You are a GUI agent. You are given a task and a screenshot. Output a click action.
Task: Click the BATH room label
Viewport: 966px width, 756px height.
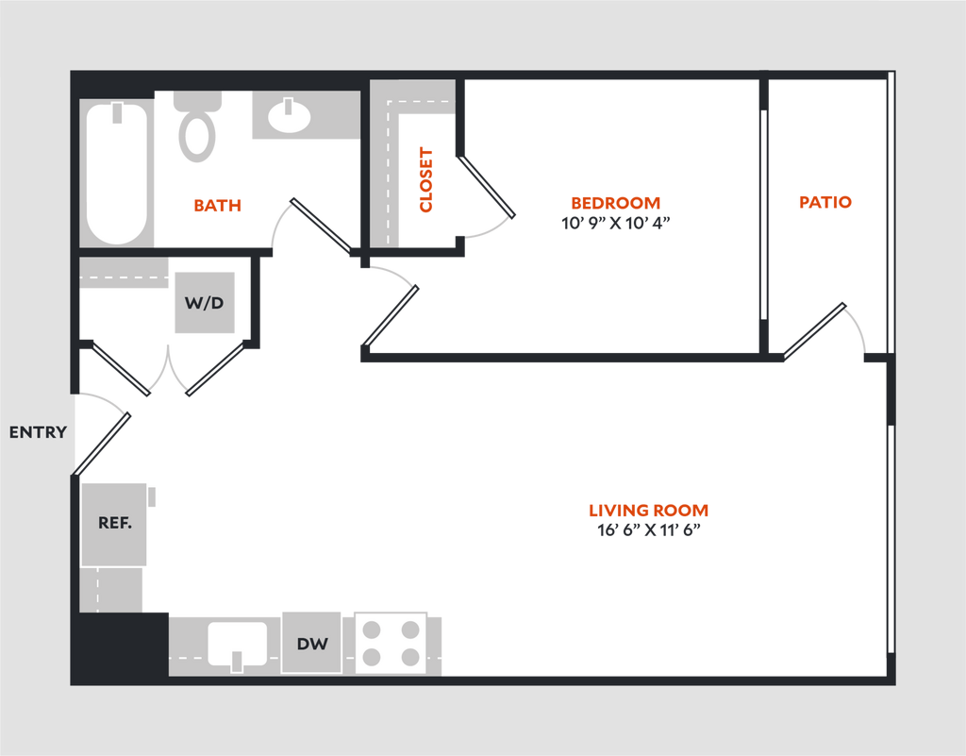pyautogui.click(x=217, y=205)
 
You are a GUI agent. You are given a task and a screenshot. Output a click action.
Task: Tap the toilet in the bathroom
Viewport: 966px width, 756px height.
pyautogui.click(x=197, y=126)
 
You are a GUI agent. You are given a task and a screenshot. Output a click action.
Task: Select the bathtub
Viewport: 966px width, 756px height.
pyautogui.click(x=117, y=173)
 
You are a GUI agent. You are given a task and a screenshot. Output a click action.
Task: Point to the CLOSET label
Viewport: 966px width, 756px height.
pyautogui.click(x=425, y=179)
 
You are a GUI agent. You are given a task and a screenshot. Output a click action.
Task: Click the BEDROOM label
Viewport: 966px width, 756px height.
pyautogui.click(x=615, y=203)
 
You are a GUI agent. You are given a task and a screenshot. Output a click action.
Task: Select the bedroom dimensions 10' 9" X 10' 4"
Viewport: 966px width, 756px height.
pyautogui.click(x=615, y=223)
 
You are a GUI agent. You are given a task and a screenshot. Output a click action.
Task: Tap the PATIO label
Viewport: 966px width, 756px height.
pyautogui.click(x=824, y=202)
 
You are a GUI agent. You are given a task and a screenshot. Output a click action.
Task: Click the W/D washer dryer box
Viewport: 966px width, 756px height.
pyautogui.click(x=205, y=303)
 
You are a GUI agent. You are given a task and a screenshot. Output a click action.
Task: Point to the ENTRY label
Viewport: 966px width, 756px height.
pyautogui.click(x=38, y=432)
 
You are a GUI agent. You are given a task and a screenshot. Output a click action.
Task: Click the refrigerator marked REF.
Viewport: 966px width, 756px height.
pyautogui.click(x=114, y=525)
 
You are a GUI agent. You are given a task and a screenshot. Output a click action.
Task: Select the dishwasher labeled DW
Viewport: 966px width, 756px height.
pyautogui.click(x=311, y=643)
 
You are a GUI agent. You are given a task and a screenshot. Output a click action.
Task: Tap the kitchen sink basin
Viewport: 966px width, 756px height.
pyautogui.click(x=237, y=644)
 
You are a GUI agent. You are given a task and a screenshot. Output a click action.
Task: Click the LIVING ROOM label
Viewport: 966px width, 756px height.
pyautogui.click(x=648, y=511)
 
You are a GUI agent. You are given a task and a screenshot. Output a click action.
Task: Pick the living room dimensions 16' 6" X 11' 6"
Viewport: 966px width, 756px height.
pyautogui.click(x=649, y=529)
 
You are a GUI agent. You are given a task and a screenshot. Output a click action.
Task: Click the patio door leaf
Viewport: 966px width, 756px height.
pyautogui.click(x=814, y=331)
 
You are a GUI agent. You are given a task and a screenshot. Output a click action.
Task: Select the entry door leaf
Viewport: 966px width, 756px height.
pyautogui.click(x=102, y=445)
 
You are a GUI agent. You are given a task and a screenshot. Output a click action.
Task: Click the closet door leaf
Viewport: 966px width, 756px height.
pyautogui.click(x=486, y=186)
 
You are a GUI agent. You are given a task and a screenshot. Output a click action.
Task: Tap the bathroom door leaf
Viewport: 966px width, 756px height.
pyautogui.click(x=323, y=226)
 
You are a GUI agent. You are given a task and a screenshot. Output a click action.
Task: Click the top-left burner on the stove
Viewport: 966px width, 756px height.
pyautogui.click(x=372, y=630)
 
